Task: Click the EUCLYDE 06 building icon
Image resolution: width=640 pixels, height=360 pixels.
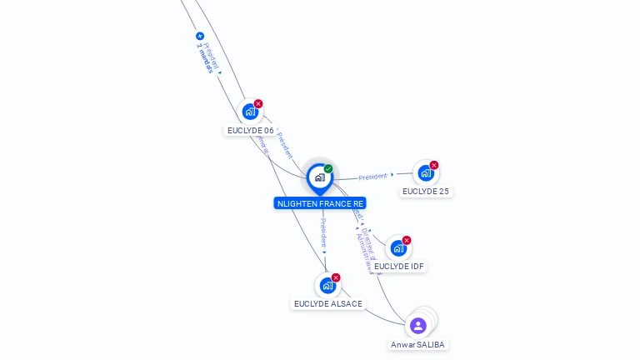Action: [250, 112]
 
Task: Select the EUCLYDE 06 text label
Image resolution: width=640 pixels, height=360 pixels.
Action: [250, 131]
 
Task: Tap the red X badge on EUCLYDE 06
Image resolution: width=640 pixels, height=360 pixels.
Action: [258, 104]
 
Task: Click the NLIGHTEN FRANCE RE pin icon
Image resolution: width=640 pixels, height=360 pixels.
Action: [319, 177]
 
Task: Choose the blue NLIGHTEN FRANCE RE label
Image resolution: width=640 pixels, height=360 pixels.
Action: [320, 203]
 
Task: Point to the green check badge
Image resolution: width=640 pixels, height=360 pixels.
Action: [328, 169]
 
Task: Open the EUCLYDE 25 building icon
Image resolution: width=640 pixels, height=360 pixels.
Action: [425, 173]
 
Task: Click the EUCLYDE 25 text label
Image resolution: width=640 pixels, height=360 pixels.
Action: [425, 192]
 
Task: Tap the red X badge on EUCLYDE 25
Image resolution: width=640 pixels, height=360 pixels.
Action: [434, 165]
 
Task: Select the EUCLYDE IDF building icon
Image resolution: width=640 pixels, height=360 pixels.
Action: [398, 248]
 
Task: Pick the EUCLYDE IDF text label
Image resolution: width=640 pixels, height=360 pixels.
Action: [400, 267]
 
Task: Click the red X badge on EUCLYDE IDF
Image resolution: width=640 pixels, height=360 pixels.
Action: [407, 240]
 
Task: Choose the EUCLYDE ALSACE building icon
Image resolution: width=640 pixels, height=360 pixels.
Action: [327, 286]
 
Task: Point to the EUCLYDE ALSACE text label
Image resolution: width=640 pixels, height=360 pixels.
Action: [328, 304]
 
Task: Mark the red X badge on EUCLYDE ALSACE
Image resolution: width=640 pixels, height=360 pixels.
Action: [336, 277]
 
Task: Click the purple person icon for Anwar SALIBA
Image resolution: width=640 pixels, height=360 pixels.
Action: [418, 325]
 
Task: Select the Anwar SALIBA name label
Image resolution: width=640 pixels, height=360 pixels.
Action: [418, 345]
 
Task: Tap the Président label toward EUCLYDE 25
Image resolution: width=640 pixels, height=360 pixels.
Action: [373, 177]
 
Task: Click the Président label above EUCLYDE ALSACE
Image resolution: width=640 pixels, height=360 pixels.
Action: [323, 233]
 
